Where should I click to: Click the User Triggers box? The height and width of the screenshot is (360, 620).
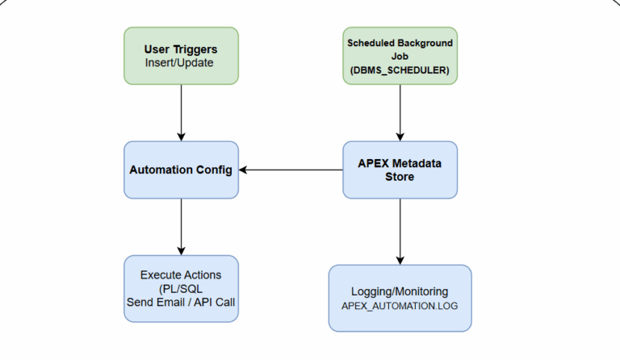pyautogui.click(x=181, y=55)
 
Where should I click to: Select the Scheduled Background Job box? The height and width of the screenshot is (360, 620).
pyautogui.click(x=400, y=56)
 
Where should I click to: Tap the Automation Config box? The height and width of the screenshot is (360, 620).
pyautogui.click(x=181, y=170)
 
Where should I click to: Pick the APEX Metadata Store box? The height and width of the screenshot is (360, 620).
pyautogui.click(x=400, y=170)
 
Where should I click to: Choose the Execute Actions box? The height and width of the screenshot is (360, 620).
pyautogui.click(x=181, y=288)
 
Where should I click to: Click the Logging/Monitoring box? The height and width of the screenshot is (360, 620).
pyautogui.click(x=400, y=297)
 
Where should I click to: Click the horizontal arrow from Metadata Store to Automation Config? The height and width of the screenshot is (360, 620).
pyautogui.click(x=291, y=170)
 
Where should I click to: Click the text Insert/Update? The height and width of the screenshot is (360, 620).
pyautogui.click(x=179, y=62)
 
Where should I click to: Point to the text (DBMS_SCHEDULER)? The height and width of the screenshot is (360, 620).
pyautogui.click(x=400, y=69)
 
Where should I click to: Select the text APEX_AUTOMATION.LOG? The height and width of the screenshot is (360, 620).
pyautogui.click(x=400, y=307)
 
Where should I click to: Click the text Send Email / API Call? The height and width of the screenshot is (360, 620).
pyautogui.click(x=181, y=302)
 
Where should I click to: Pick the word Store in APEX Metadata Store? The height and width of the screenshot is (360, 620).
pyautogui.click(x=400, y=177)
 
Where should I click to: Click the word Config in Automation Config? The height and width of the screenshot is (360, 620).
pyautogui.click(x=214, y=170)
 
